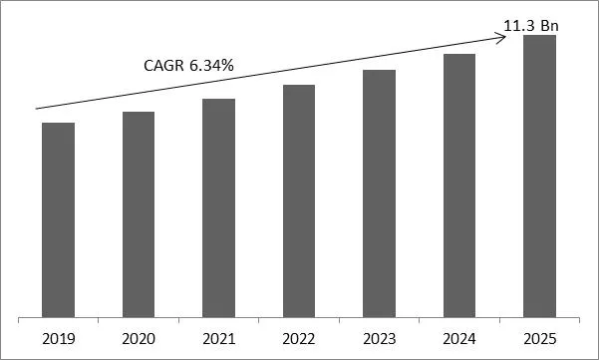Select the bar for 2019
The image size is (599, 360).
click(x=58, y=219)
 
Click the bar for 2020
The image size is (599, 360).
click(x=139, y=214)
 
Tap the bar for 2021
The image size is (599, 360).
click(x=218, y=207)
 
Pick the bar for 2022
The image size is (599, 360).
click(x=298, y=200)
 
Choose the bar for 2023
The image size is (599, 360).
click(x=379, y=193)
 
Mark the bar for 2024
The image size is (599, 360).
click(x=458, y=185)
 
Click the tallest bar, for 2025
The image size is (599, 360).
click(x=539, y=176)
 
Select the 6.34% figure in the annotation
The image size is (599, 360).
click(x=212, y=66)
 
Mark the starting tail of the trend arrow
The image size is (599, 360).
click(x=37, y=108)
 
